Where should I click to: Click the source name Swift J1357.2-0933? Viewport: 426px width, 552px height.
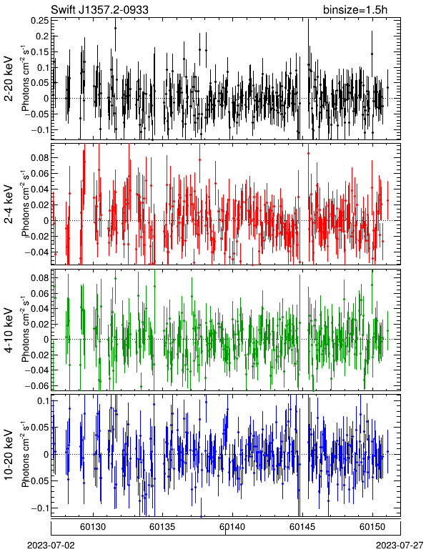[x=99, y=10]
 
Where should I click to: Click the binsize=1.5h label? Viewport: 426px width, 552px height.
[x=355, y=10]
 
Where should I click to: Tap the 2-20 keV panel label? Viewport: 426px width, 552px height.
[x=9, y=79]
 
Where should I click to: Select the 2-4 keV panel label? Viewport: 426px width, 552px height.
[x=9, y=204]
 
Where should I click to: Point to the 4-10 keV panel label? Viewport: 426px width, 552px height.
[x=9, y=330]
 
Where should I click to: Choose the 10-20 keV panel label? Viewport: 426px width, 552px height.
[x=9, y=455]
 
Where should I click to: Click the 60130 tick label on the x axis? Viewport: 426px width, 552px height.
[x=92, y=527]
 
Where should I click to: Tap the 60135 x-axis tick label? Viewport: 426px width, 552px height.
[x=162, y=527]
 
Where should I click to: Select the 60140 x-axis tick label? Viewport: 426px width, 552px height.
[x=232, y=527]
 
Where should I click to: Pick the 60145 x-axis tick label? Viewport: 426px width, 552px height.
[x=302, y=527]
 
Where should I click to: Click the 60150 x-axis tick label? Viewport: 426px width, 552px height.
[x=372, y=527]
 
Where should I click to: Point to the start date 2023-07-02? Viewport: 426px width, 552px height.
[x=51, y=546]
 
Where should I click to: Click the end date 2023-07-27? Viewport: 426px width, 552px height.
[x=400, y=546]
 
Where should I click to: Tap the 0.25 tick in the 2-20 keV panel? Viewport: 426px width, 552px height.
[x=40, y=21]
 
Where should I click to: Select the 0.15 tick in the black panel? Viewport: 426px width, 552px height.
[x=40, y=51]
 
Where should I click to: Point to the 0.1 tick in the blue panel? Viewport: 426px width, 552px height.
[x=42, y=400]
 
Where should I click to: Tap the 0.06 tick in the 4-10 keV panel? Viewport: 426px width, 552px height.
[x=40, y=293]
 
